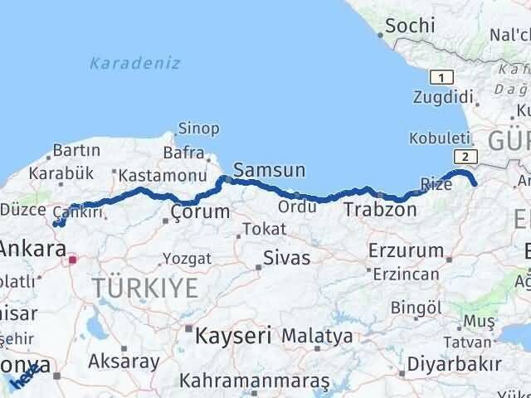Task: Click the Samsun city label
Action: coord(269,171)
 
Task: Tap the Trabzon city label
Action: coord(380,210)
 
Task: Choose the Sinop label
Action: coord(199,129)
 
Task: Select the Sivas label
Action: coord(286,258)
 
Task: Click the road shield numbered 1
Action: coord(441,77)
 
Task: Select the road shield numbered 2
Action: coord(467,156)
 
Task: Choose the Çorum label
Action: coord(199,212)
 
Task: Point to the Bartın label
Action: coord(76,151)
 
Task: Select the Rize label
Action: coord(436,184)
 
